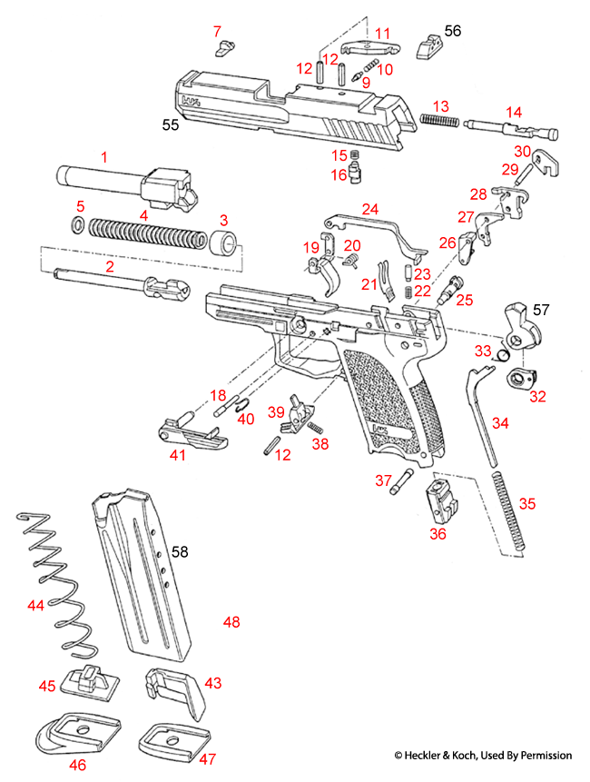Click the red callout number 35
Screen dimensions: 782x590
click(x=527, y=503)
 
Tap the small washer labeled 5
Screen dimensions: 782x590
click(x=79, y=225)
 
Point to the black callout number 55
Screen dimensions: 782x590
click(x=169, y=125)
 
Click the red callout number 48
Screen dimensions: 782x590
click(x=231, y=622)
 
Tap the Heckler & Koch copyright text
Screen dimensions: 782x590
click(x=483, y=755)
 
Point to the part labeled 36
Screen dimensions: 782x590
click(x=438, y=498)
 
